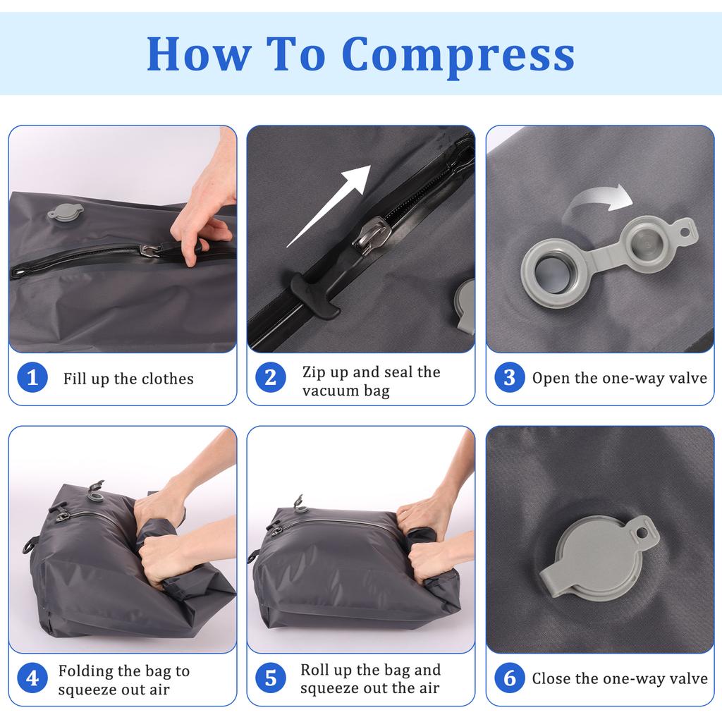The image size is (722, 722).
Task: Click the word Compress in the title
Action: point(458,54)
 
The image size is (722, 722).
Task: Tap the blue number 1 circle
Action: point(32,378)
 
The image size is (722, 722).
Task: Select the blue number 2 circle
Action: point(270,378)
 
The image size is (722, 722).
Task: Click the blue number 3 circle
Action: point(509,378)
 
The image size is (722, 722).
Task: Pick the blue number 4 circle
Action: point(32,678)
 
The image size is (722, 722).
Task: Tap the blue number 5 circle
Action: point(270,678)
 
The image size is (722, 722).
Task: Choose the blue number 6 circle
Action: point(509,678)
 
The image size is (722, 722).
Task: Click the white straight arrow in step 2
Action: point(330,205)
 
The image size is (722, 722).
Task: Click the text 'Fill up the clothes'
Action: point(128,379)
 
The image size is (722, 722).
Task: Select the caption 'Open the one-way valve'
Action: point(619,378)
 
